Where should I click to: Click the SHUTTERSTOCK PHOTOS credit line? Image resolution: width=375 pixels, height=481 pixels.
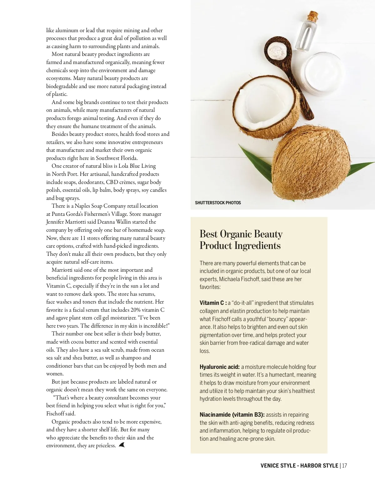(218, 203)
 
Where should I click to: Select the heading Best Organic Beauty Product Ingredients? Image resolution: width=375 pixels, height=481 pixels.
(241, 240)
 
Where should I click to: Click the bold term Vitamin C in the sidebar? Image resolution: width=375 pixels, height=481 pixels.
(212, 303)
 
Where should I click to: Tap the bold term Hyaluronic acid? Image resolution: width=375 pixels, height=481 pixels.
(220, 367)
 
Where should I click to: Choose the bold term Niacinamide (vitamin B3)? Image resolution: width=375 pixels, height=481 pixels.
(232, 415)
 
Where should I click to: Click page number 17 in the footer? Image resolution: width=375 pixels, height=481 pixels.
(344, 466)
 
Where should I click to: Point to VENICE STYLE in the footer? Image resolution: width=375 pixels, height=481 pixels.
(278, 466)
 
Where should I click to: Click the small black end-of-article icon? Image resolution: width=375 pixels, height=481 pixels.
(122, 445)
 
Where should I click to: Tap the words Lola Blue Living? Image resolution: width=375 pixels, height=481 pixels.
(137, 166)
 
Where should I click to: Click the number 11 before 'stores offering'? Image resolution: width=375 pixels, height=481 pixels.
(83, 238)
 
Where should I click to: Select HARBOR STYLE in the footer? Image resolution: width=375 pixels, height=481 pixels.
(319, 466)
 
